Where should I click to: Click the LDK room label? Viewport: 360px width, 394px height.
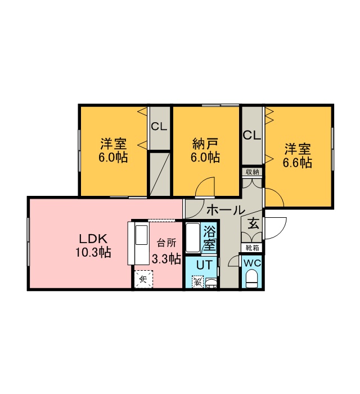93,239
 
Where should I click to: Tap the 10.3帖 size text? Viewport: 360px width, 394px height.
93,252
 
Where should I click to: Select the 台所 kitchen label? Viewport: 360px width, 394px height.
166,243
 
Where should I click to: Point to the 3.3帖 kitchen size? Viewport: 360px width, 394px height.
166,258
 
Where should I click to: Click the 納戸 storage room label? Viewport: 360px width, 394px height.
205,144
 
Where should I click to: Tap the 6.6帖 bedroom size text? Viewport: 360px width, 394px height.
298,162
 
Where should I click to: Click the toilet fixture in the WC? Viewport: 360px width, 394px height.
252,279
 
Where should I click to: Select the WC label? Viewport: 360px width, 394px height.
253,263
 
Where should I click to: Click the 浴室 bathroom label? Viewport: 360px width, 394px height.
209,238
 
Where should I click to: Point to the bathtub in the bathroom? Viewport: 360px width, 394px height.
192,238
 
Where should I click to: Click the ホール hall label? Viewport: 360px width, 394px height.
226,210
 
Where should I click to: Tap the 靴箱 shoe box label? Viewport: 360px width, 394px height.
253,248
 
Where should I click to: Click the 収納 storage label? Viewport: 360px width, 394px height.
253,172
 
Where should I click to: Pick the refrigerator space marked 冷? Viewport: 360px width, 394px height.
143,279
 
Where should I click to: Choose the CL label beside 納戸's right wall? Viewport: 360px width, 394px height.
252,136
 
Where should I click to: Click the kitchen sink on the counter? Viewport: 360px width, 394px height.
141,235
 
